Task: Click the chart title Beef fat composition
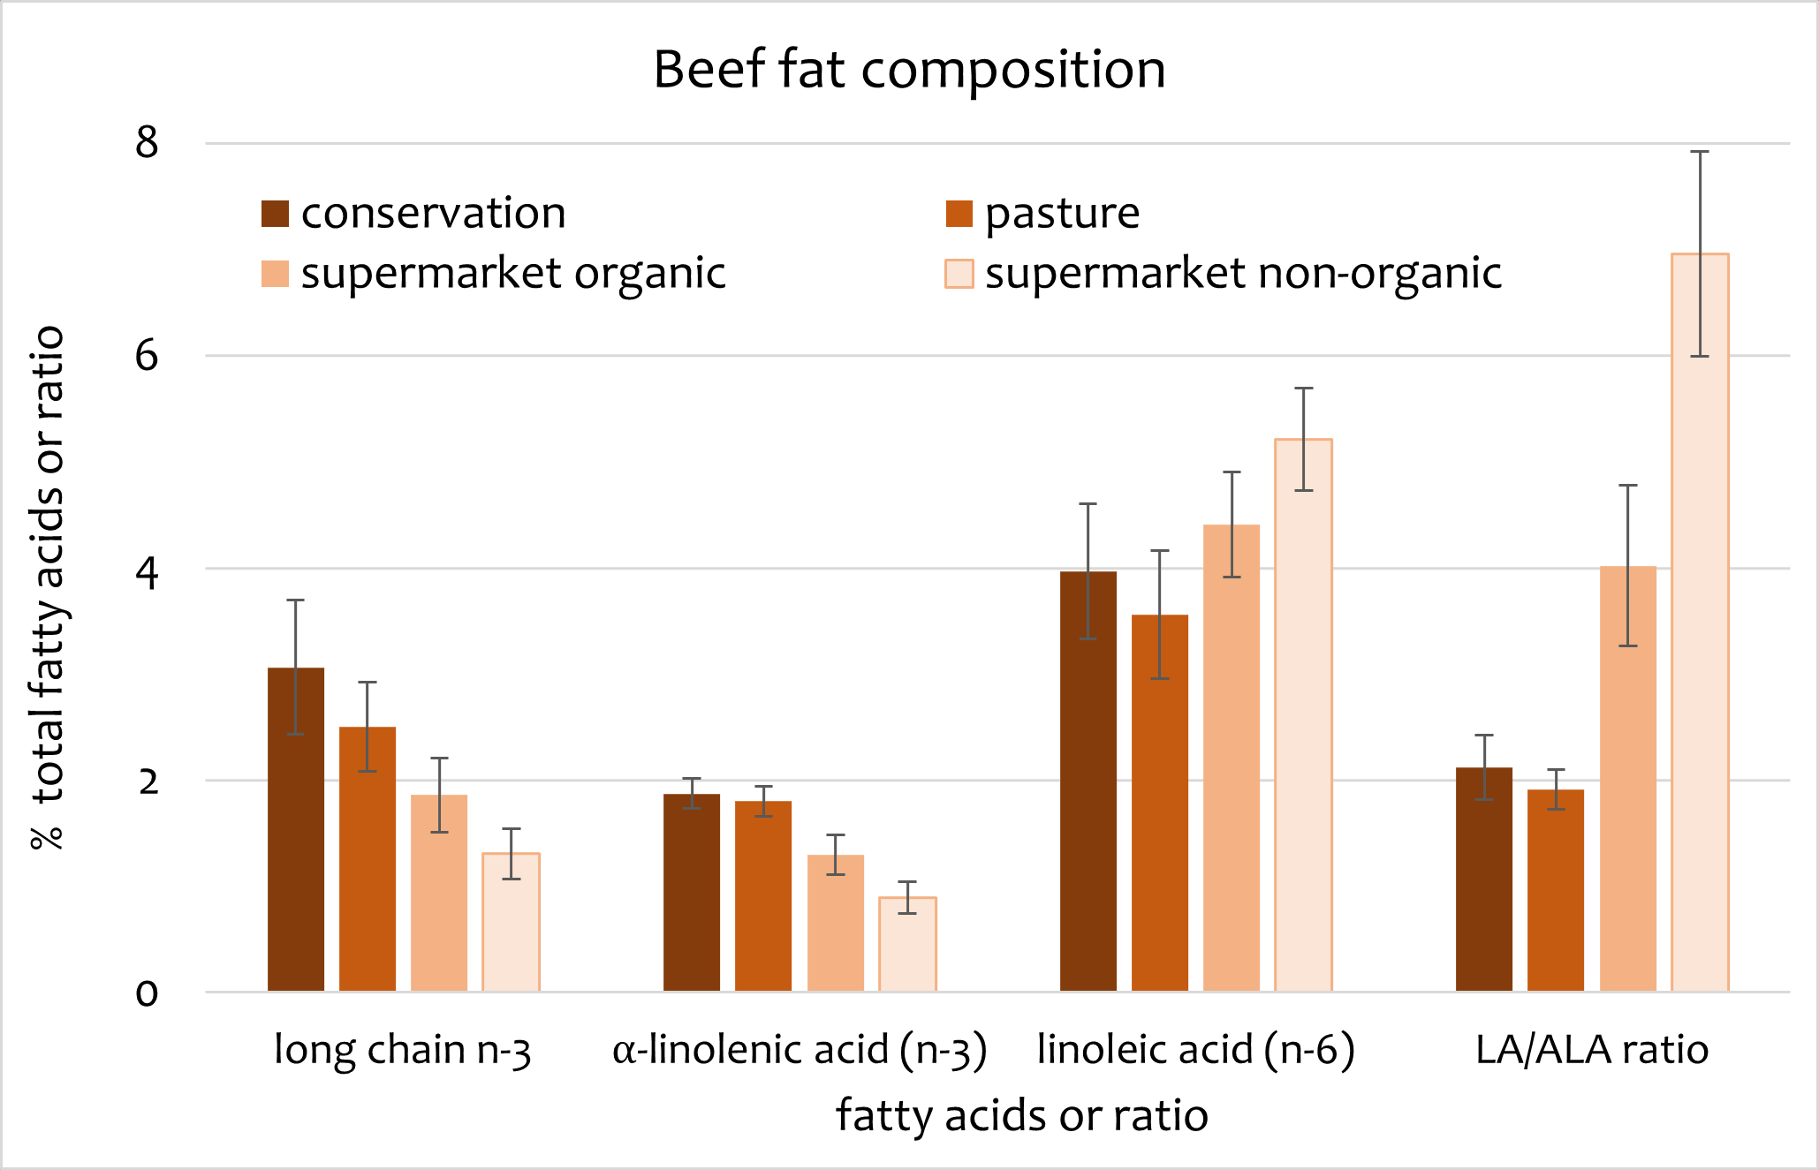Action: coord(909,70)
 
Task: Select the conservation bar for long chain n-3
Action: coord(296,830)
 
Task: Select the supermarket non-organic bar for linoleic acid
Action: coord(1303,715)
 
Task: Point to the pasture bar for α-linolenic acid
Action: coord(763,896)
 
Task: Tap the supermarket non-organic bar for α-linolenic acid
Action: coord(907,944)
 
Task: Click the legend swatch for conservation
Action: coord(275,214)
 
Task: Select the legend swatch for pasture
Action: coord(959,214)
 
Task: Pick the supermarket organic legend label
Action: coord(513,273)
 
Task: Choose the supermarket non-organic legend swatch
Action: coord(959,274)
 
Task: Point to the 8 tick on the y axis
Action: coord(147,142)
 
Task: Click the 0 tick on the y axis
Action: coord(147,993)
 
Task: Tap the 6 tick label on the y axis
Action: coord(147,355)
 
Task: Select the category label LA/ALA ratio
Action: coord(1592,1050)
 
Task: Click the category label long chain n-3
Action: coord(403,1050)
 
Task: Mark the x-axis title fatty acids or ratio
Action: coord(1022,1115)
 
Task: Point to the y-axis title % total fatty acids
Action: coord(48,587)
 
